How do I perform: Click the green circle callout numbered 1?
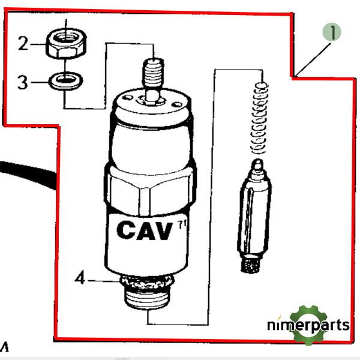(331, 32)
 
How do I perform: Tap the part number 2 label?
(23, 43)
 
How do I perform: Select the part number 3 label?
(22, 82)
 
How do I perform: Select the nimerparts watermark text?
(307, 326)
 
